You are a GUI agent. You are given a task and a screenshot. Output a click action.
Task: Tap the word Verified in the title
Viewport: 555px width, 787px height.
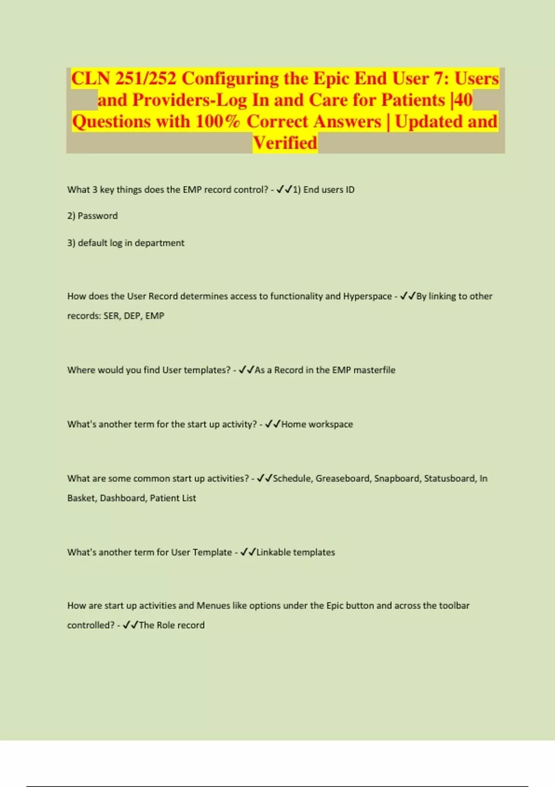[x=285, y=143]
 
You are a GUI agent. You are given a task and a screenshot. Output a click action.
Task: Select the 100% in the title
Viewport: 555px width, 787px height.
[x=218, y=122]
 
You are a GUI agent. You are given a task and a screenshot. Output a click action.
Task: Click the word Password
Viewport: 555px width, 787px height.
[x=98, y=216]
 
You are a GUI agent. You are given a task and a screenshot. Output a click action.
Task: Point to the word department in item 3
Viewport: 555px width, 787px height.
[x=160, y=243]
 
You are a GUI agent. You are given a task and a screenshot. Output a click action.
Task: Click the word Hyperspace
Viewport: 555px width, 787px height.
[x=367, y=296]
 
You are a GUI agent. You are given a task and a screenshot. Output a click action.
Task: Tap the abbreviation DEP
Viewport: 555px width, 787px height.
[x=132, y=316]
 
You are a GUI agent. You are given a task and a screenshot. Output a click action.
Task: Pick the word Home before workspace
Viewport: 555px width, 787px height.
[x=293, y=424]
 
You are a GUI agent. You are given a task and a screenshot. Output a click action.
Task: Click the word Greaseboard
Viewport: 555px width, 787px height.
[x=343, y=478]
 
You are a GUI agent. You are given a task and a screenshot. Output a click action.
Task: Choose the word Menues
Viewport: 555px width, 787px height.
[x=213, y=606]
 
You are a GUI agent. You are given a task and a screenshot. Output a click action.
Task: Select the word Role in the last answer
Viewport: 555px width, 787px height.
[x=166, y=625]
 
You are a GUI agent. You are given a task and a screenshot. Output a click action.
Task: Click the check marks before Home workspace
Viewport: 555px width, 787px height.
[x=272, y=424]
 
